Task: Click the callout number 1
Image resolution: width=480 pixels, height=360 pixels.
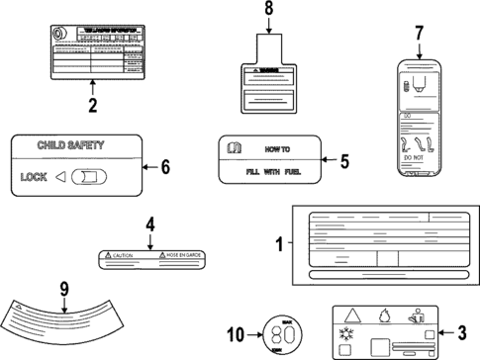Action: click(278, 242)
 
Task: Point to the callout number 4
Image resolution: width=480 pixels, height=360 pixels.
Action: click(149, 225)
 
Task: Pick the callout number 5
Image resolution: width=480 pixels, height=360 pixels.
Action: click(344, 159)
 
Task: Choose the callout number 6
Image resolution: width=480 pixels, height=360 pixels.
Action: click(164, 167)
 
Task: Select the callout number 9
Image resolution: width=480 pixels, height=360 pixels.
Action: click(64, 291)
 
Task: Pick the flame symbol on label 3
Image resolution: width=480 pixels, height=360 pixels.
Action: click(384, 316)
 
